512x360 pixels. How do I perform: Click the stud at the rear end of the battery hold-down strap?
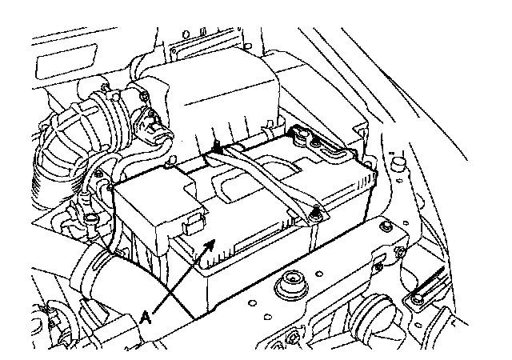(x=217, y=148)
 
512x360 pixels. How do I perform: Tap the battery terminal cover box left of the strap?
(x=156, y=204)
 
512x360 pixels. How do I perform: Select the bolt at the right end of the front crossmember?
(x=398, y=256)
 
